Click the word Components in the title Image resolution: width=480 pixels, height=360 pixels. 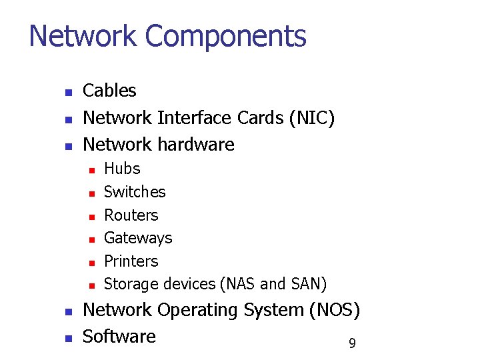pos(226,37)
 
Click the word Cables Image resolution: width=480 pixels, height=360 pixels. pos(109,91)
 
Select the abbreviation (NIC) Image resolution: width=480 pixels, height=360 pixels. pos(312,118)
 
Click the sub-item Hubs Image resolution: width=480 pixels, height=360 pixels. pos(122,169)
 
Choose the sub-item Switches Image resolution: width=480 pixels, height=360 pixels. pos(135,192)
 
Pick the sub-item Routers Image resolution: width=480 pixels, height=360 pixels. pos(131,215)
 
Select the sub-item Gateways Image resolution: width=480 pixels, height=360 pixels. pos(138,238)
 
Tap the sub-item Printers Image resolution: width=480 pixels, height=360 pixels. pos(131,261)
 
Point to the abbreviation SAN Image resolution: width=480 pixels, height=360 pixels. pos(308,285)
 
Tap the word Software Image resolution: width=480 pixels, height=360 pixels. pos(119,337)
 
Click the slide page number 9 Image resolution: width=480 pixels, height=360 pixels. pos(352,344)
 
